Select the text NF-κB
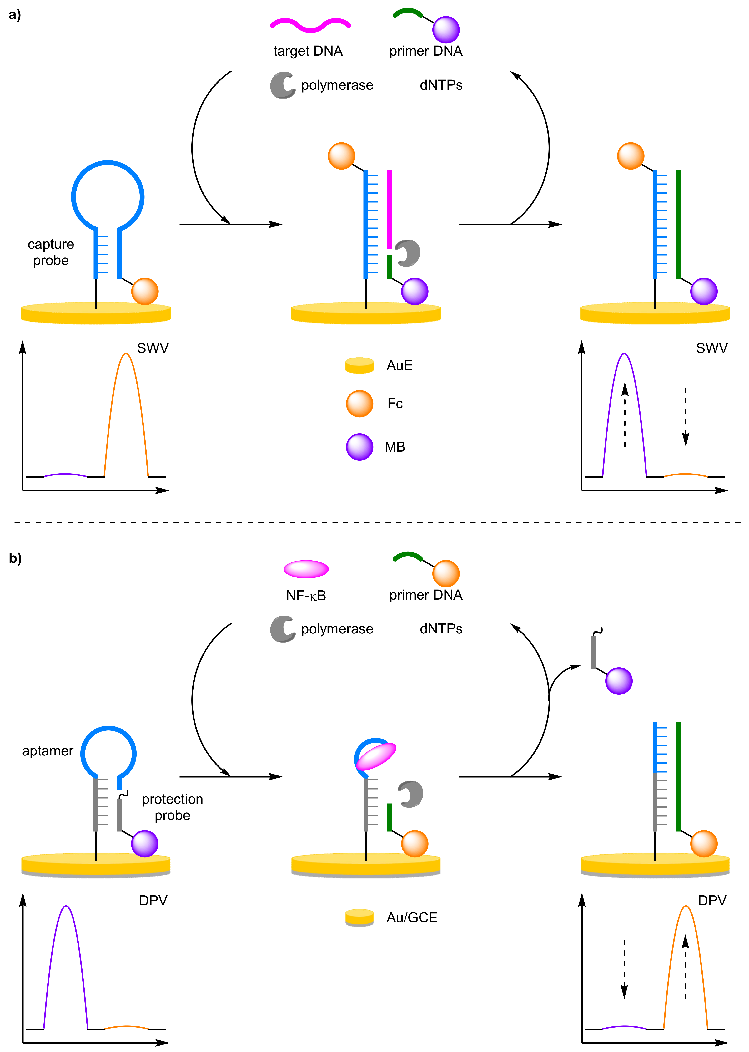[306, 596]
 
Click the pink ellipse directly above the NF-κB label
[306, 569]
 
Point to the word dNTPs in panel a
[441, 85]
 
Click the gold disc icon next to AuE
[359, 365]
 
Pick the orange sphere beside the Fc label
[359, 404]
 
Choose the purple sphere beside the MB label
[359, 447]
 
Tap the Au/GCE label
[411, 918]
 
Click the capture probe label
[51, 252]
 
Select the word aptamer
[48, 751]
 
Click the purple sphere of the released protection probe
[618, 681]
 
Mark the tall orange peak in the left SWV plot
[126, 369]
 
